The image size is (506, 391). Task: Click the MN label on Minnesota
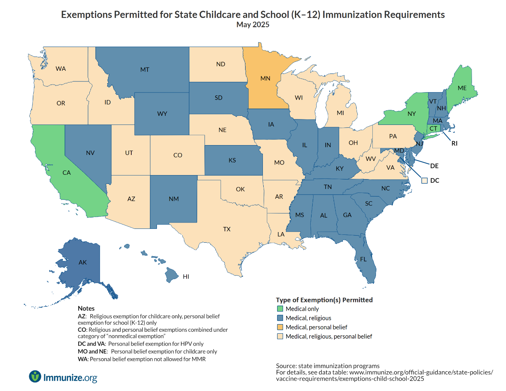coord(265,78)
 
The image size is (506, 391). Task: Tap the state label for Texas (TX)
coord(227,229)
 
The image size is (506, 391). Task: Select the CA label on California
coord(66,173)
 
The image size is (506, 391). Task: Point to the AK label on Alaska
coord(83,263)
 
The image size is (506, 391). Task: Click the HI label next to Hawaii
coord(186,277)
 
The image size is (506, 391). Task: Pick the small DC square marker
coord(425,181)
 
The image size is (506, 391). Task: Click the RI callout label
coord(454,144)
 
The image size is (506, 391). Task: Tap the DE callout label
coord(434,166)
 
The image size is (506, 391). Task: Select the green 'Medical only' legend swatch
coord(280,309)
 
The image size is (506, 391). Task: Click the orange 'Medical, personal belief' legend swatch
coord(280,327)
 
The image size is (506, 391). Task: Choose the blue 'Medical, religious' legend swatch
coord(280,318)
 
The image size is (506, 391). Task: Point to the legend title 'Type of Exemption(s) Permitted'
coord(324,300)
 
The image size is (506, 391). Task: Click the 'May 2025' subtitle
coord(253,25)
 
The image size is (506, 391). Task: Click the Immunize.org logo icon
coord(35,376)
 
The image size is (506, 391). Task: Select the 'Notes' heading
coord(86,308)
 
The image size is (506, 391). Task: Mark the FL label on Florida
coord(363,259)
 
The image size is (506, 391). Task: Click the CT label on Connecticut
coord(433,128)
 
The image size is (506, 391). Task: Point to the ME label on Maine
coord(462,88)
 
